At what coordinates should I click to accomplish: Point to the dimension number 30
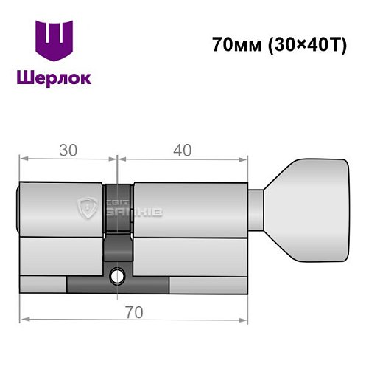(68, 150)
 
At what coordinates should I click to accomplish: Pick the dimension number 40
(181, 150)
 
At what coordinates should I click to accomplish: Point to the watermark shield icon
(86, 209)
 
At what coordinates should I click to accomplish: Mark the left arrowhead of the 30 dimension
(22, 158)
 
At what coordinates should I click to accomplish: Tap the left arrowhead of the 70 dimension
(22, 319)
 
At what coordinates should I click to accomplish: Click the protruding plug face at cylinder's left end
(20, 210)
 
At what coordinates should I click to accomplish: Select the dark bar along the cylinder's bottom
(118, 283)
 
